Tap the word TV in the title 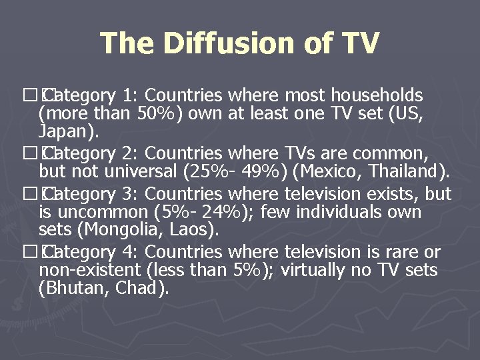pos(361,44)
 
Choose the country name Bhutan pos(71,289)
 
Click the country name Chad pos(138,289)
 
